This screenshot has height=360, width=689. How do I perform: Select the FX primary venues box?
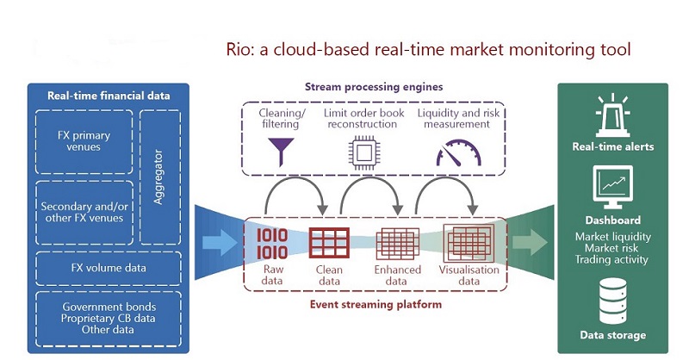point(83,140)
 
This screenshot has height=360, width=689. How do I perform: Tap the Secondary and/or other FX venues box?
point(83,211)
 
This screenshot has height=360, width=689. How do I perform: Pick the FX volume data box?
point(109,268)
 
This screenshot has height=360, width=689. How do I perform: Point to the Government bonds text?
point(109,307)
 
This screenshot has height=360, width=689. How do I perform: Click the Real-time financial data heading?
point(109,96)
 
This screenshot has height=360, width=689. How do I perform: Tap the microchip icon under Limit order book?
point(360,152)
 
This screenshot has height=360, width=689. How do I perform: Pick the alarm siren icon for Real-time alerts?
point(613,115)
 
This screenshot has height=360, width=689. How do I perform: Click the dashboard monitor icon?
point(613,187)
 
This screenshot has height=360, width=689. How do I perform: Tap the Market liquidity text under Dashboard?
point(613,237)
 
